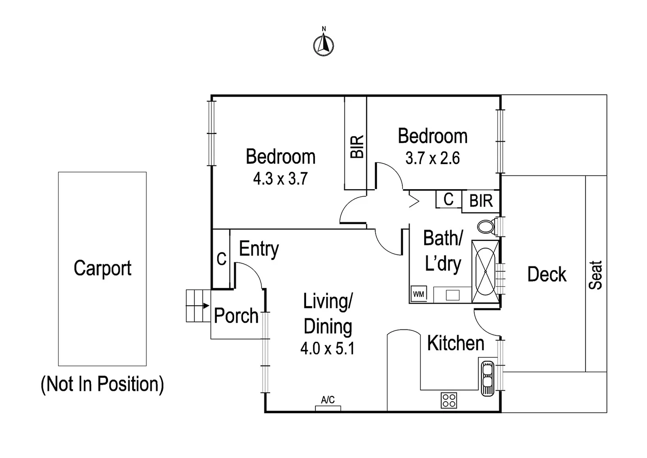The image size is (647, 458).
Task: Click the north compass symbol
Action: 323,44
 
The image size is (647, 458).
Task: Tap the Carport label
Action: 102,268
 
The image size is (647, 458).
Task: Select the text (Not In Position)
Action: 102,384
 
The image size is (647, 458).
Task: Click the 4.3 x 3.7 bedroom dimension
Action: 280,179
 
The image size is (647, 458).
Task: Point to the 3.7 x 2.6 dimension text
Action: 432,158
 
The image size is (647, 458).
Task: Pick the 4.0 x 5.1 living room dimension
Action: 327,349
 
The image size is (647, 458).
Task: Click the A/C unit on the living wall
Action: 328,408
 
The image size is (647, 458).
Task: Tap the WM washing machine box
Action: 418,294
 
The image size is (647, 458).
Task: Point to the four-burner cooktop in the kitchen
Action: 449,400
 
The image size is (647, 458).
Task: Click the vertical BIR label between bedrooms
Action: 357,147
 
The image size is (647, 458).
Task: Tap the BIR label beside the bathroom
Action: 481,201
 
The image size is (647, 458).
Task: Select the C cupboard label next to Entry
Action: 221,259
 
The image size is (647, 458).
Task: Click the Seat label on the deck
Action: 596,275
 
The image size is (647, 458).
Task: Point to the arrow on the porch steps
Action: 205,305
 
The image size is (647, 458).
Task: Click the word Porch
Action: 236,316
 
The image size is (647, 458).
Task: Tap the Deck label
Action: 547,274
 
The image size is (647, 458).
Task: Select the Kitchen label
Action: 456,343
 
